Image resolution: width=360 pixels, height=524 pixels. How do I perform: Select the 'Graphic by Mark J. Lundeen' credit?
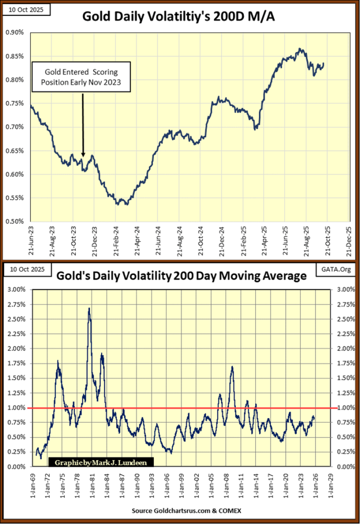click(x=101, y=463)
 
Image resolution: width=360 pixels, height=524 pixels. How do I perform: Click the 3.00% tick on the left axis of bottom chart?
click(x=15, y=290)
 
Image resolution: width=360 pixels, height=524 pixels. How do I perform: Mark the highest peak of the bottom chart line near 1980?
click(x=89, y=309)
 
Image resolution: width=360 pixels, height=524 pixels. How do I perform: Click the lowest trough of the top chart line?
click(x=118, y=205)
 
